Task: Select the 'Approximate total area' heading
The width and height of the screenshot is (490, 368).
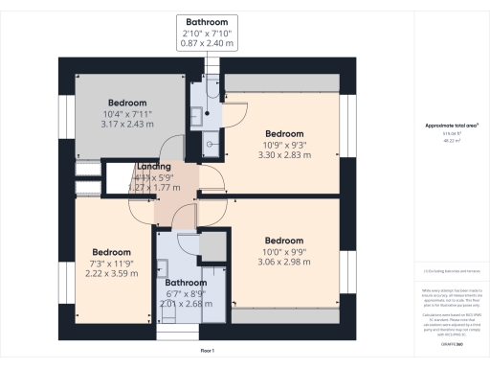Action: click(x=451, y=126)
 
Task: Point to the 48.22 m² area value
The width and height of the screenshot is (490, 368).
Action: click(x=451, y=140)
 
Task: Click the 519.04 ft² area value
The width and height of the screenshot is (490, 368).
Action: click(x=451, y=133)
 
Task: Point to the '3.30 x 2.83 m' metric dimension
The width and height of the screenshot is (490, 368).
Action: click(x=284, y=153)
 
